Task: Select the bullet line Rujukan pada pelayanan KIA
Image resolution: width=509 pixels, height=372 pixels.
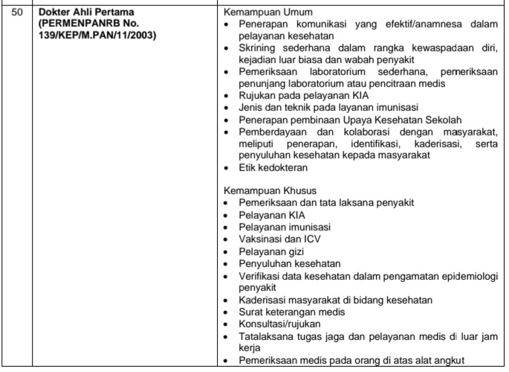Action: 298,94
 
